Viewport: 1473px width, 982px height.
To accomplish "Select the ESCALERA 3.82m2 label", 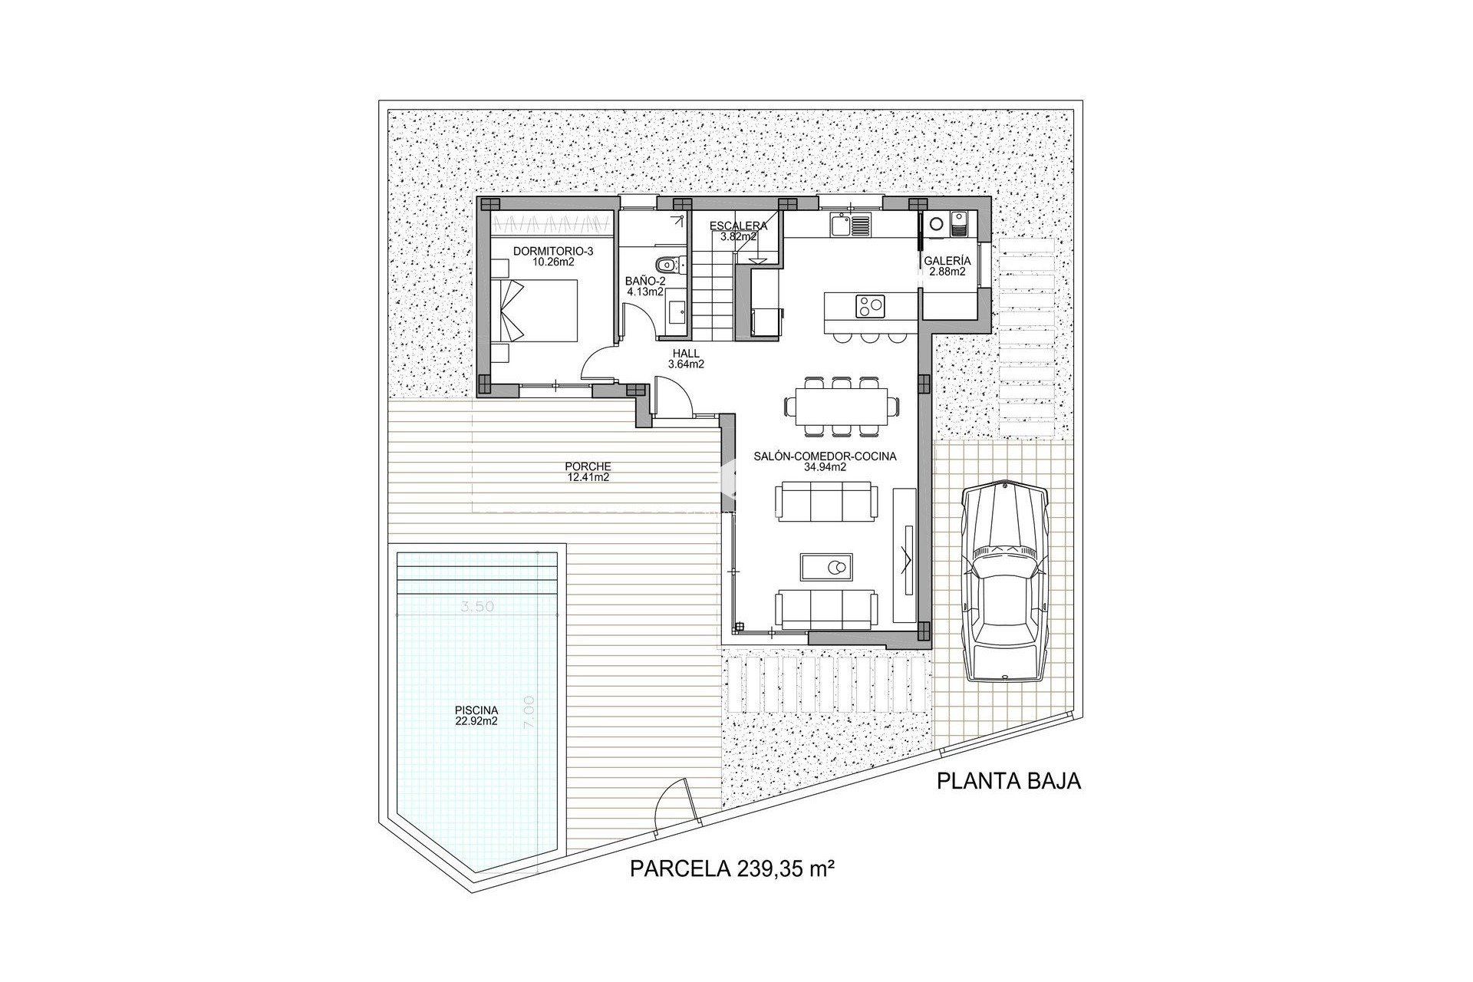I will coord(738,231).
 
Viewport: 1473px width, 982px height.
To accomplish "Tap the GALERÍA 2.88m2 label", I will coord(947,265).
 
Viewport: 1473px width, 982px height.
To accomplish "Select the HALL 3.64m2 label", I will coord(685,359).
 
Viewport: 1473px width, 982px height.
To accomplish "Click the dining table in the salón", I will coord(841,404).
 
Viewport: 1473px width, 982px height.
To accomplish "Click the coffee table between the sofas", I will coord(829,568).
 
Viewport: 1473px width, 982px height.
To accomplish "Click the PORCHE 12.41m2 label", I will coord(588,471).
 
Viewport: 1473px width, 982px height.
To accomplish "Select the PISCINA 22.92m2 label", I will coord(476,715).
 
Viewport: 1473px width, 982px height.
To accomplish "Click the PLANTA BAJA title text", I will coord(1008,781).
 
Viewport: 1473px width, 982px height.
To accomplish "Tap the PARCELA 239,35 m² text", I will coord(731,869).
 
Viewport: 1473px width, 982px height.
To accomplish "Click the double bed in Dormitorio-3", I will coord(541,311).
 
